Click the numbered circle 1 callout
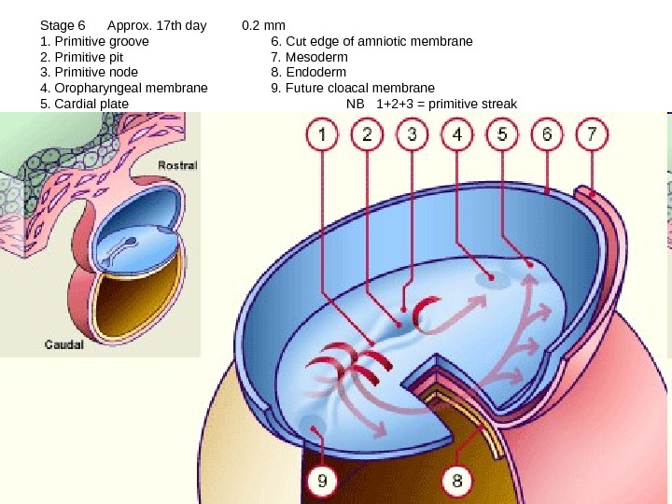[x=323, y=136]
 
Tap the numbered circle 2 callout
[x=367, y=136]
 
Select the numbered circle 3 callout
[x=412, y=136]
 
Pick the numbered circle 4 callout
[x=456, y=136]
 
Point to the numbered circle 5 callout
[x=502, y=136]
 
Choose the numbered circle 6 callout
[x=547, y=136]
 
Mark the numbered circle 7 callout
[x=591, y=136]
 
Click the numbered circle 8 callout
[x=457, y=482]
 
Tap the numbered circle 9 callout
[x=322, y=482]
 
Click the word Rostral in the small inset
[x=177, y=165]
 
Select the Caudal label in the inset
[x=64, y=344]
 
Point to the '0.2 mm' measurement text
[x=263, y=26]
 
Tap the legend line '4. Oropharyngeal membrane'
[x=124, y=88]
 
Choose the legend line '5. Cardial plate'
[x=85, y=103]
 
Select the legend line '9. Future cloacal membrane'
[x=353, y=88]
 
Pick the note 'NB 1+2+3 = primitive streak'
[x=431, y=103]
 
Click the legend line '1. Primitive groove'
[x=94, y=41]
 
